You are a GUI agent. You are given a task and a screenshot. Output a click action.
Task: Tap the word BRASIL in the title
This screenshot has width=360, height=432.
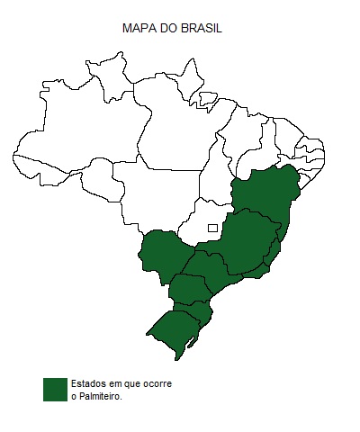(202, 29)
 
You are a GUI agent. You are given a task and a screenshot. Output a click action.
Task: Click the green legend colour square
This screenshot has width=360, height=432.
(56, 389)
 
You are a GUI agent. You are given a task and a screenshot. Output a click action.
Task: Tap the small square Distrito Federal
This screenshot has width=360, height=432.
(213, 228)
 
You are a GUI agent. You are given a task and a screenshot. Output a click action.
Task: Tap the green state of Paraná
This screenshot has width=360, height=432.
(189, 289)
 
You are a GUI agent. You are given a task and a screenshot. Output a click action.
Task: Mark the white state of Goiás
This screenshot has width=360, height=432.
(202, 225)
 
